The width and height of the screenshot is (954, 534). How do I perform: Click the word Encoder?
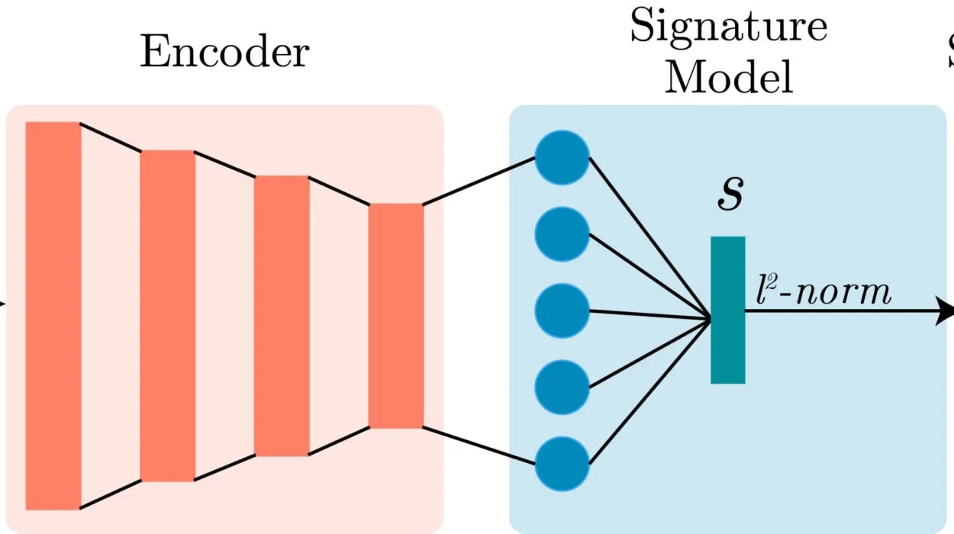pos(224,53)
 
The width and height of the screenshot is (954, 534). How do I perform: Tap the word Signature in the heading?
pos(727,27)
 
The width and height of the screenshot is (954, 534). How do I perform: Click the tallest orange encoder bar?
pos(53,315)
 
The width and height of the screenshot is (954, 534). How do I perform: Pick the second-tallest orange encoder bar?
pos(167,315)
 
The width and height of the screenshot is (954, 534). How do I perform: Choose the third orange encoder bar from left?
pos(282,315)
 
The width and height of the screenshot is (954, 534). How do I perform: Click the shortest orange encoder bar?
pos(395,315)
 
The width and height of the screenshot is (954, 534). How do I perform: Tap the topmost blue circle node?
pos(562,158)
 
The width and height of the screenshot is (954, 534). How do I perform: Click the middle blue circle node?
pos(562,310)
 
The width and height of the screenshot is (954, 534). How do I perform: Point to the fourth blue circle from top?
pos(562,387)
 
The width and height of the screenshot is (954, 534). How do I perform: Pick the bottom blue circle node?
pos(562,463)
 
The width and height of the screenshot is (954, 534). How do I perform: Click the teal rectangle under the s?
pos(727,310)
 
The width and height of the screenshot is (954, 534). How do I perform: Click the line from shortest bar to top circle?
pos(479,182)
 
